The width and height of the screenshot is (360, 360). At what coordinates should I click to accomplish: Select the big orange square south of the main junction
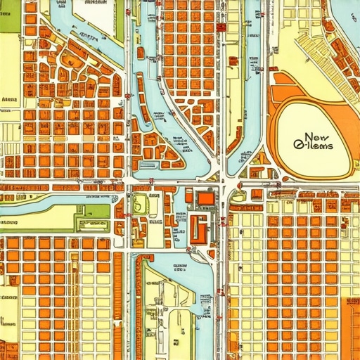pyautogui.click(x=206, y=199)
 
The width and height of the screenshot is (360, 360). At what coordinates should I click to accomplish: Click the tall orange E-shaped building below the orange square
pyautogui.click(x=198, y=229)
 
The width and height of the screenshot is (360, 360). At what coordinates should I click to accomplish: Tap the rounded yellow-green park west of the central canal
pyautogui.click(x=141, y=204)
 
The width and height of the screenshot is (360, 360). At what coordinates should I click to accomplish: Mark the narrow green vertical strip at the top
pyautogui.click(x=120, y=21)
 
